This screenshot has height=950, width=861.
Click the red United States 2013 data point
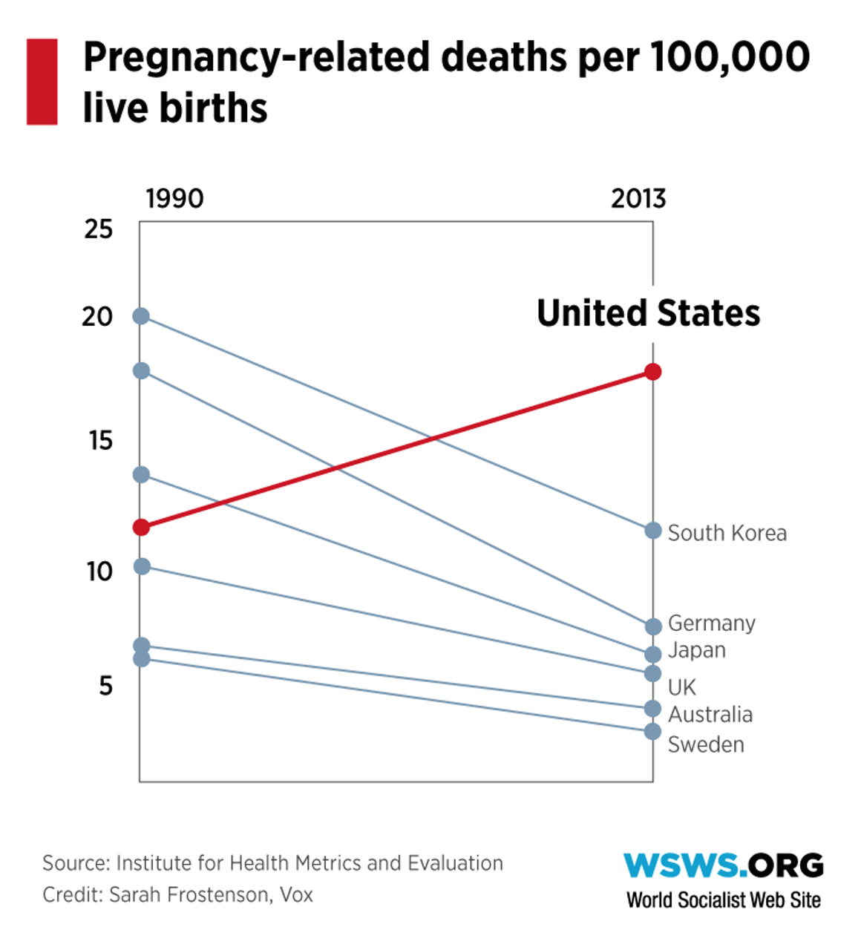652,372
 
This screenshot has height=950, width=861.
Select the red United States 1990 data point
141,528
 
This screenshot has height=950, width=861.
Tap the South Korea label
727,533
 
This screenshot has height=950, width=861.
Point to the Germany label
711,623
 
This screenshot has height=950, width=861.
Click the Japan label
696,650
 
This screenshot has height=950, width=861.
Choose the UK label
681,687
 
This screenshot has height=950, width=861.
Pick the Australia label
710,715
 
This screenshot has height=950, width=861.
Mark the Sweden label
705,744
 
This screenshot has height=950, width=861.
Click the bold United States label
648,312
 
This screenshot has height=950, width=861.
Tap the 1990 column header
174,199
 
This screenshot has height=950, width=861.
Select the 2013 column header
638,199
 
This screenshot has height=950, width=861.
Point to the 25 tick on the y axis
98,229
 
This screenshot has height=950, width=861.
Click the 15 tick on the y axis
100,441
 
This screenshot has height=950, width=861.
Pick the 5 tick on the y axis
105,686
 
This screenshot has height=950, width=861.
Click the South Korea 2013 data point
652,531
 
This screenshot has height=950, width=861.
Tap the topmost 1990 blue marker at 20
141,316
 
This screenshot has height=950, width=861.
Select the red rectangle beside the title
42,82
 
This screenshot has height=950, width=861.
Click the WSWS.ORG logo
723,865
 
